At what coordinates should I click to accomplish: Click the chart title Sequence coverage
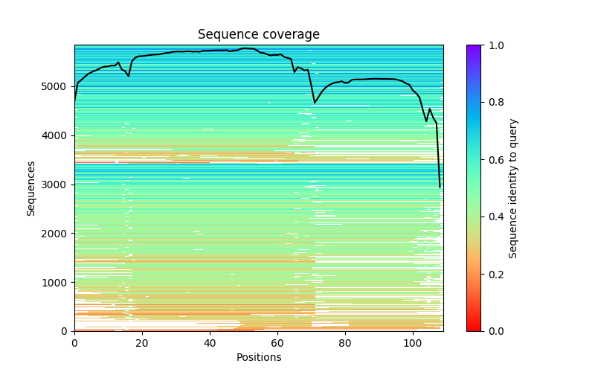point(259,35)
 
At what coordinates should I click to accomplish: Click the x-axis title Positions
point(259,357)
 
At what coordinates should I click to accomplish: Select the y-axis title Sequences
point(31,188)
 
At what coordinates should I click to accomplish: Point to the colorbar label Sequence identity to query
point(513,188)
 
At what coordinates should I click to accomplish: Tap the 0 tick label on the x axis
point(74,342)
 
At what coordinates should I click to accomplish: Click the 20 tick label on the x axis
point(142,342)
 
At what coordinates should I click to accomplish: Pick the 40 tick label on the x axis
point(210,342)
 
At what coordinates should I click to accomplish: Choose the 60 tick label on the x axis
point(277,342)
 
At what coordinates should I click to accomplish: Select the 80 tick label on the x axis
point(345,342)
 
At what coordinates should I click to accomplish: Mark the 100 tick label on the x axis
point(413,342)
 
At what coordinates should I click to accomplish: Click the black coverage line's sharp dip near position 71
point(315,103)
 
